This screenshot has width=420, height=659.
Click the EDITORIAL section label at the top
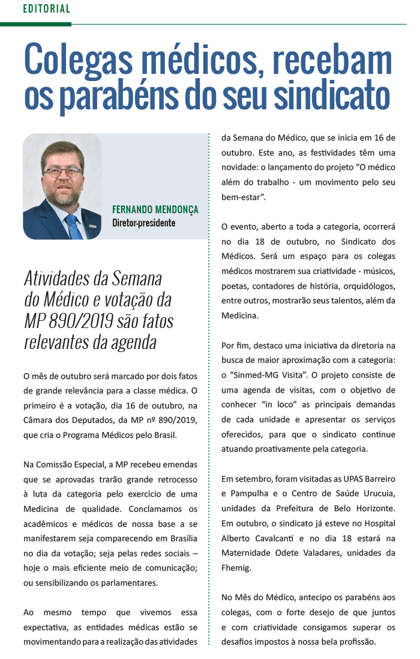[46, 9]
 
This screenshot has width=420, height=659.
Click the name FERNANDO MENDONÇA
[155, 210]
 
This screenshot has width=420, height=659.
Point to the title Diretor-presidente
[143, 223]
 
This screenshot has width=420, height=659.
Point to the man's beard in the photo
[63, 195]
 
